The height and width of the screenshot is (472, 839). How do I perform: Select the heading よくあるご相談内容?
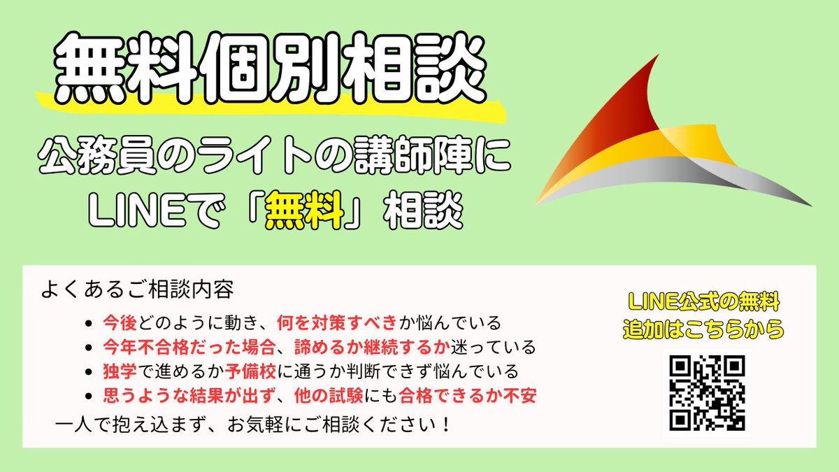[137, 288]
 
